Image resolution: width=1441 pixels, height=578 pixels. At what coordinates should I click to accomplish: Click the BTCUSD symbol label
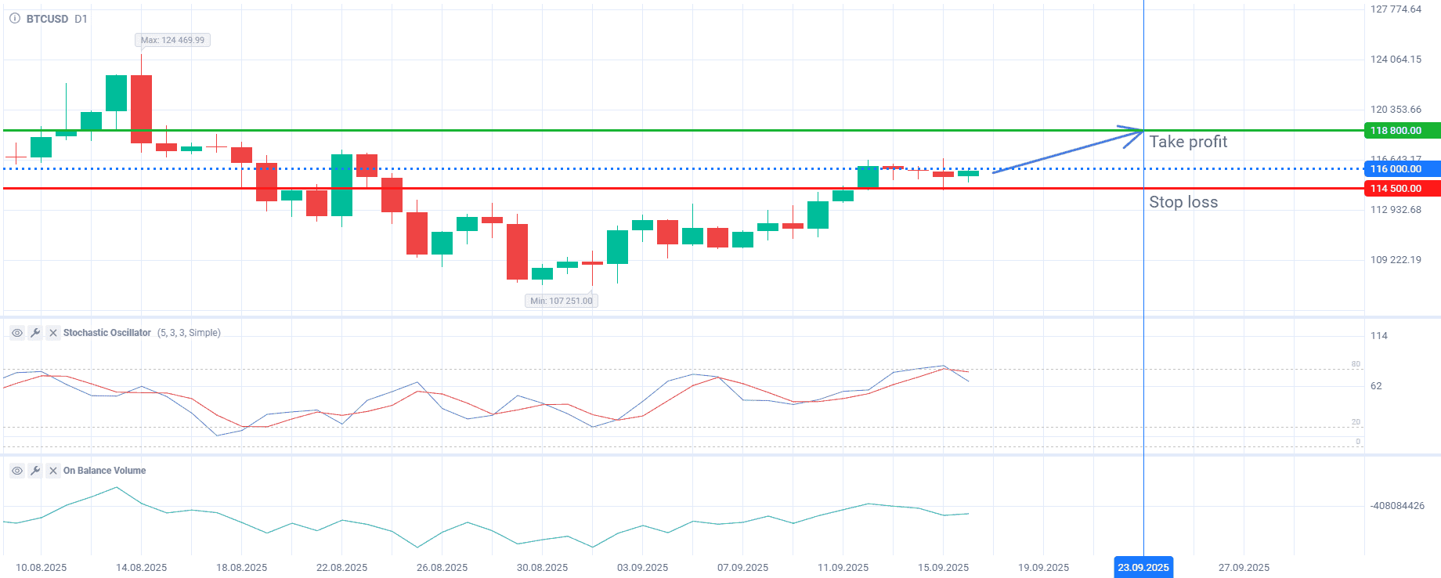pos(47,19)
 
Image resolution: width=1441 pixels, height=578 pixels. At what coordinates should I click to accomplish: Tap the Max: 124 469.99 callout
pos(172,40)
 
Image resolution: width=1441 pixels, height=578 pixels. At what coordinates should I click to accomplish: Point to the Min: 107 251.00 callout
pos(562,301)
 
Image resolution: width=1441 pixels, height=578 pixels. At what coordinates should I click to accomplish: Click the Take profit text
pos(1188,142)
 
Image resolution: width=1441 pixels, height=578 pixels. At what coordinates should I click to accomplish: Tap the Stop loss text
pos(1183,202)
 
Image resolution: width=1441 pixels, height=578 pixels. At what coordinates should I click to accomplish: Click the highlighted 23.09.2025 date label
pos(1143,568)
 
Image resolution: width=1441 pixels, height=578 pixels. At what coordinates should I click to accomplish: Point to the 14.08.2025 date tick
pos(141,568)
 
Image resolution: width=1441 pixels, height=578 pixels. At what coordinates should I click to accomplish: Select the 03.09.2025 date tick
pos(642,568)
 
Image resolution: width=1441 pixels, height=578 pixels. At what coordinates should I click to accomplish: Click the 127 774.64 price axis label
pos(1396,9)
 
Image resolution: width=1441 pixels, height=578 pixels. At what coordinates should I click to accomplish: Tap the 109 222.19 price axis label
pos(1396,260)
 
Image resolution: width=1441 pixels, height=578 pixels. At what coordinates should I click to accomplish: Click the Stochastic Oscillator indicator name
pos(107,333)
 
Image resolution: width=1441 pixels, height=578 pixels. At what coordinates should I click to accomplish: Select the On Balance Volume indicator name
pos(104,471)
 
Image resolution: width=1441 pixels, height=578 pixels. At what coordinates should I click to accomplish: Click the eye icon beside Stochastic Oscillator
pos(16,333)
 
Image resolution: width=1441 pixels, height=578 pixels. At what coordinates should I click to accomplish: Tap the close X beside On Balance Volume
pos(53,471)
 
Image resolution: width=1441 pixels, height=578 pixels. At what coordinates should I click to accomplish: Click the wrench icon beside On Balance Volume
pos(35,471)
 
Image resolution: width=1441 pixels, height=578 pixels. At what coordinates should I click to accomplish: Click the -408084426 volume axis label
pos(1397,506)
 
